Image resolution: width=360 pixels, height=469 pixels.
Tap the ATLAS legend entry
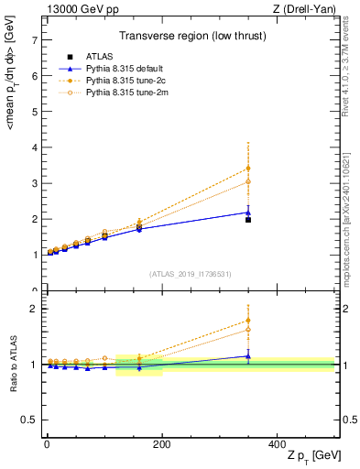click(95, 57)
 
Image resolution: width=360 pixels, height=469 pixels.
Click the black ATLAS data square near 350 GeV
click(248, 220)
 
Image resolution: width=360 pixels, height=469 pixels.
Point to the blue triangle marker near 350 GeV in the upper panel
click(248, 213)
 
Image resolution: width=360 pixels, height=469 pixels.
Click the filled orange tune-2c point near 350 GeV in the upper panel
click(248, 169)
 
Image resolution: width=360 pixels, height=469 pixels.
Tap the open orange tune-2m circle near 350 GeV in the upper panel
click(248, 181)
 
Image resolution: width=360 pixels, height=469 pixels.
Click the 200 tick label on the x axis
click(161, 445)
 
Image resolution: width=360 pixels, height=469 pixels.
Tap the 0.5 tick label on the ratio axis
click(30, 420)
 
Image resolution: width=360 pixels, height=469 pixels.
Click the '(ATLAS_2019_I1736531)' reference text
click(191, 274)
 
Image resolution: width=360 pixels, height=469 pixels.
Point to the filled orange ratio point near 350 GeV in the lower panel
click(248, 321)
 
